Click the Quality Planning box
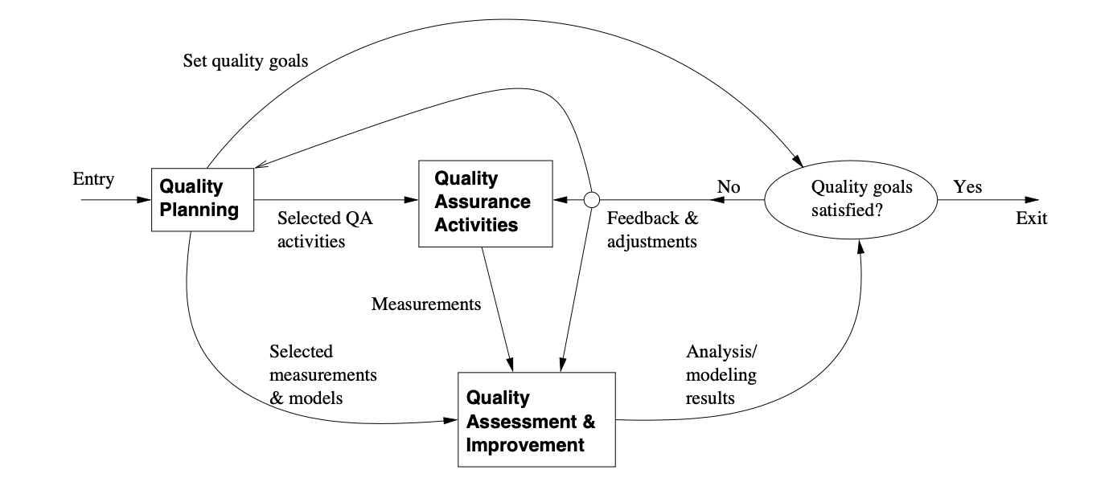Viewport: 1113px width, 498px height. tap(202, 198)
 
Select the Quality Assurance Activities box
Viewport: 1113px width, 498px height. tap(485, 202)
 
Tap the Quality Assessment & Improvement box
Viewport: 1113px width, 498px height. tap(536, 420)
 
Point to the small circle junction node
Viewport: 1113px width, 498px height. tap(591, 199)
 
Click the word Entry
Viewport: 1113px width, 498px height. tap(93, 179)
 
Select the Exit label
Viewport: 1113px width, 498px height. tap(1031, 218)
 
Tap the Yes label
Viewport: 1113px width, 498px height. tap(967, 187)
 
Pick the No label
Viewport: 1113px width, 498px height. tap(728, 187)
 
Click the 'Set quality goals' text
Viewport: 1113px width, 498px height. tap(245, 61)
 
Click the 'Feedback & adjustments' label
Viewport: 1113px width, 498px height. tap(652, 229)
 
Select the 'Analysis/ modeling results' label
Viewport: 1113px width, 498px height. tap(721, 374)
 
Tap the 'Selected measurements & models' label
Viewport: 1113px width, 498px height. tap(323, 374)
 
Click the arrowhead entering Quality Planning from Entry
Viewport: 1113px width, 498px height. tap(146, 199)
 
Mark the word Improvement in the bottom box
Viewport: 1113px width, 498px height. tap(525, 444)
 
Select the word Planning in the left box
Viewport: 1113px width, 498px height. tap(199, 210)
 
